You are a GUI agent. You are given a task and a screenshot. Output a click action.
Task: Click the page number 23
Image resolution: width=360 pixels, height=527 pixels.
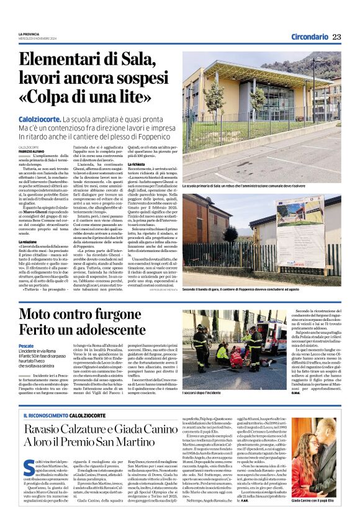336,37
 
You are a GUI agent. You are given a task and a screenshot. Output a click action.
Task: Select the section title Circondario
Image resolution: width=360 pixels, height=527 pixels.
300,37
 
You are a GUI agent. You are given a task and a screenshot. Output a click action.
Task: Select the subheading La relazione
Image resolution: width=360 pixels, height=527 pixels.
28,241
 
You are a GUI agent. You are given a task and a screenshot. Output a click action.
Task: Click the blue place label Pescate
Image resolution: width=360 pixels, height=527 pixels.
27,345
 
